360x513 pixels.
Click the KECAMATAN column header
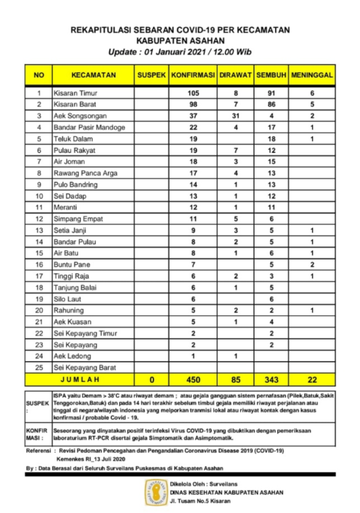(93, 75)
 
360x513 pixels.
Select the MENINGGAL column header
(311, 75)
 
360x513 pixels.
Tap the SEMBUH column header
(271, 75)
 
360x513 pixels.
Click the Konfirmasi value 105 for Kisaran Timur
(193, 93)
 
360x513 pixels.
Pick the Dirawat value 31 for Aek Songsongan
(235, 116)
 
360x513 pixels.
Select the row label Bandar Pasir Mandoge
(89, 127)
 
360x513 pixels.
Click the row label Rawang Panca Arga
(85, 173)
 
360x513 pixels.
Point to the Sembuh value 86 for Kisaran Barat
(271, 105)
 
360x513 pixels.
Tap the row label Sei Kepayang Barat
(85, 368)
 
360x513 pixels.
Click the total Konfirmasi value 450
(193, 380)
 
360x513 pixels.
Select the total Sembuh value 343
(271, 380)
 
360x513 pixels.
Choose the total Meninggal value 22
(311, 380)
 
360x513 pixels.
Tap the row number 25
(39, 368)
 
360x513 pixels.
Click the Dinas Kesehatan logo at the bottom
(156, 492)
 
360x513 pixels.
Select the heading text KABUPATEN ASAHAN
(180, 40)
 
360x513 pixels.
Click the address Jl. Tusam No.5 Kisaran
(200, 501)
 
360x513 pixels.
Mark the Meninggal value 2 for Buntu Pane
(311, 265)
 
